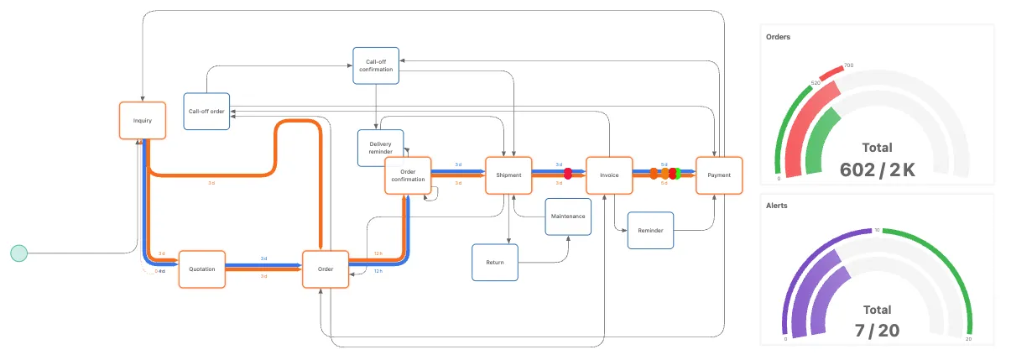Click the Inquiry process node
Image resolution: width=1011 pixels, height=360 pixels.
pos(142,120)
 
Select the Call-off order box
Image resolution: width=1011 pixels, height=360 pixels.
pos(206,111)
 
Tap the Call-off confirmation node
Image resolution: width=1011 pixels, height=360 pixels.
pos(375,65)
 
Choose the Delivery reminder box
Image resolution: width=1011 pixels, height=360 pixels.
pos(380,148)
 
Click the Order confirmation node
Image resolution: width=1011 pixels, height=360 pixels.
pos(408,175)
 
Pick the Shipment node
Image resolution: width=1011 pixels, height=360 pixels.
pos(508,175)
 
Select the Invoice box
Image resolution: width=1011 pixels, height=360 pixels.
pos(608,175)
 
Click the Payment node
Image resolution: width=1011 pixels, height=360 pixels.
pos(719,175)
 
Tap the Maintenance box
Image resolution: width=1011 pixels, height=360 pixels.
pos(568,217)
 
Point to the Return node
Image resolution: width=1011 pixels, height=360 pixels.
pos(495,262)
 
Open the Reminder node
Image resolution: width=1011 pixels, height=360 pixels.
pos(650,230)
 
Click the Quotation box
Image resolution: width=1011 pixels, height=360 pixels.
pos(202,269)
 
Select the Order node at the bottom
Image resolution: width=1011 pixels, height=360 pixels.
pos(326,269)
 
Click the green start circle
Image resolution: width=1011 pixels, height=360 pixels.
pos(18,253)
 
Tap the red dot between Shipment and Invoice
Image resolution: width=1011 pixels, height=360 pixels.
pos(568,174)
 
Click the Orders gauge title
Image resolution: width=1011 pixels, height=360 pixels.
pos(779,37)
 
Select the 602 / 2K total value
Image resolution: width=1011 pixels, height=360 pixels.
pos(877,170)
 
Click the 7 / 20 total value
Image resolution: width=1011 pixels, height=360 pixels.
pos(877,331)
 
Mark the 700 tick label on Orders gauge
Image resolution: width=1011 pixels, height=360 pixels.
pos(848,65)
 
